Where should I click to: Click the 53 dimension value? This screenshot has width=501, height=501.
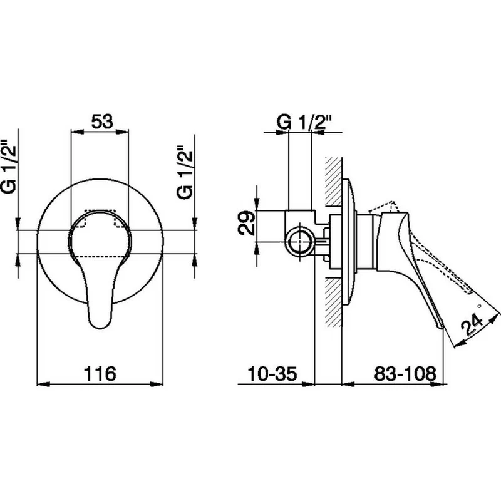102,121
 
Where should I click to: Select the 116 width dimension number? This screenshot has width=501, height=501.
100,373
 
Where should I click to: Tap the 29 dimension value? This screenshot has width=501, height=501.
247,223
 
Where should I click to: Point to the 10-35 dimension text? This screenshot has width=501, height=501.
272,373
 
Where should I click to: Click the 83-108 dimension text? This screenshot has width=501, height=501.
405,373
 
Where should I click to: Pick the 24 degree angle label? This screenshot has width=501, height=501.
472,324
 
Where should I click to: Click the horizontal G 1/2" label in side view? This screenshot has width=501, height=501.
304,122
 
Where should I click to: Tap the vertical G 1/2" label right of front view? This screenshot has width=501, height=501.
185,173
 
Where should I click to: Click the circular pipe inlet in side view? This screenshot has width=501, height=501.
300,242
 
